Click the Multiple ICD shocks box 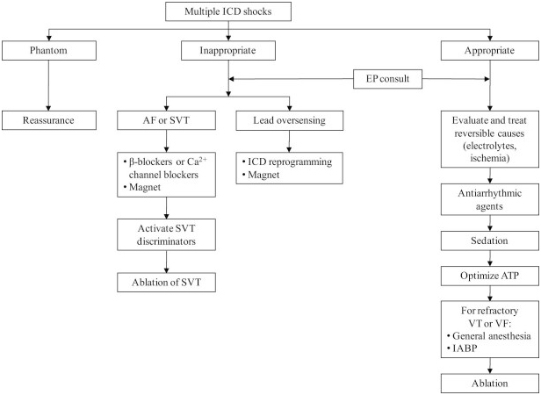pos(228,11)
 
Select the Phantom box pos(48,50)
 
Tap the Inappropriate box pos(228,50)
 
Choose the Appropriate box pos(489,50)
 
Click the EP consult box pos(387,79)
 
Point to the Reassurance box pos(48,120)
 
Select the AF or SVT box pos(166,120)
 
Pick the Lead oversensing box pos(289,120)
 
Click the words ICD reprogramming pos(290,162)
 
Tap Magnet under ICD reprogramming pos(263,175)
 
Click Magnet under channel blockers pos(145,187)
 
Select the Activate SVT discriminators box pos(166,234)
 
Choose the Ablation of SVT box pos(166,283)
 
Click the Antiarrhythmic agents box pos(489,200)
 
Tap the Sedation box pos(489,241)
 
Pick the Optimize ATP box pos(489,276)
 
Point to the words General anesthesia pos(491,335)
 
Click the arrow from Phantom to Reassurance pos(48,85)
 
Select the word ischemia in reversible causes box pos(489,158)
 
